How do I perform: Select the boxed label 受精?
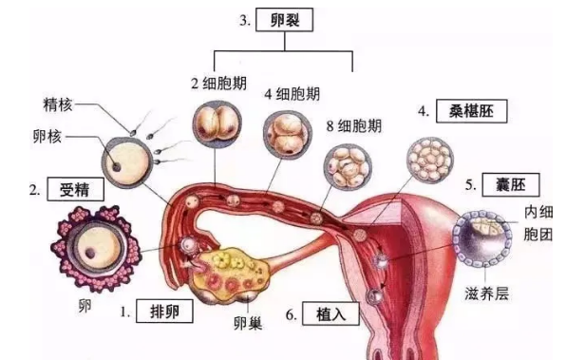click(78, 189)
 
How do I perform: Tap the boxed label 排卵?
click(167, 311)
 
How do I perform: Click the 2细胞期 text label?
click(222, 84)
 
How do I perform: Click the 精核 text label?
click(59, 104)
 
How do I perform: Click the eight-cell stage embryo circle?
click(345, 166)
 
